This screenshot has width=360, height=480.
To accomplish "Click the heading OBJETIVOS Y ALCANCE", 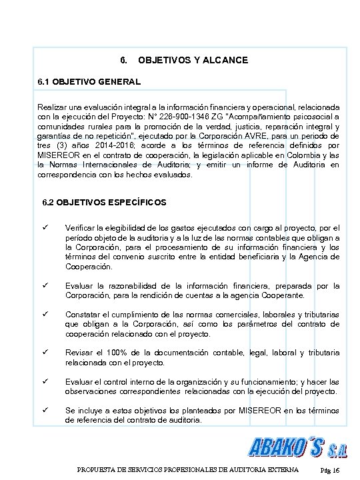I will (193, 60).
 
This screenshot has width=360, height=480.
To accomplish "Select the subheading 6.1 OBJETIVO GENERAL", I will (89, 82).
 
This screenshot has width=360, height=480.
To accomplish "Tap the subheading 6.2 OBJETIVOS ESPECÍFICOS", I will (104, 201).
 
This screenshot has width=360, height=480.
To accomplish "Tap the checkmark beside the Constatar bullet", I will (45, 314).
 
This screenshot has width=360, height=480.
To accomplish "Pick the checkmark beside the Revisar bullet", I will (45, 352).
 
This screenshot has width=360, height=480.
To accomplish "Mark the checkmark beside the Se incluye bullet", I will (45, 409).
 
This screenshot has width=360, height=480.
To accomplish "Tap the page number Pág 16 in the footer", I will (330, 471).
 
